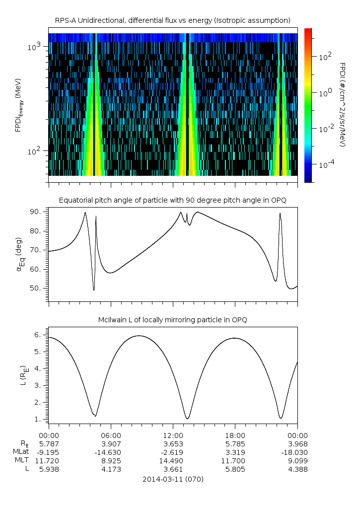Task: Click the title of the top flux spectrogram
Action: [173, 20]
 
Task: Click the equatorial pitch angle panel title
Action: [173, 200]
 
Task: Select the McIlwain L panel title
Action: [173, 320]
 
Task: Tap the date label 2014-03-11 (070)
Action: [173, 479]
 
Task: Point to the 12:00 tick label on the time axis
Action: [173, 434]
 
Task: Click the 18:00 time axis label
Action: [235, 434]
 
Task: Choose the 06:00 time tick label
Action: [111, 434]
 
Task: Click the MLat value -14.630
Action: [111, 452]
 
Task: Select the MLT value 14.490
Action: [173, 460]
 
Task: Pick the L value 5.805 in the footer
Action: [235, 469]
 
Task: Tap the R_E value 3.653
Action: [173, 444]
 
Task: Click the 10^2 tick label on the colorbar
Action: [324, 56]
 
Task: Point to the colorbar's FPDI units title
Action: [342, 104]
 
